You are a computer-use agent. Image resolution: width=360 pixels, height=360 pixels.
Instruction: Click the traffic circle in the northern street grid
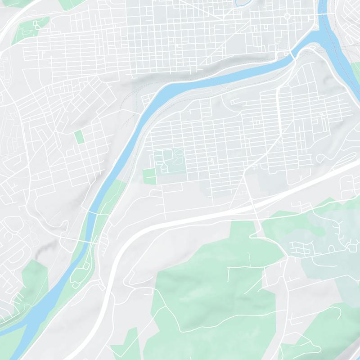pos(287,17)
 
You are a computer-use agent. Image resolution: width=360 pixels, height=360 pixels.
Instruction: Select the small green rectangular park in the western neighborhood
pos(79,137)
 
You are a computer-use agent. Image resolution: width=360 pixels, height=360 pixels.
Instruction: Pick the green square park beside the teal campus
pos(149,176)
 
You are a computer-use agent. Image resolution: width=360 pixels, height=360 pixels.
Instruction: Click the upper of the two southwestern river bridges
pos(92,211)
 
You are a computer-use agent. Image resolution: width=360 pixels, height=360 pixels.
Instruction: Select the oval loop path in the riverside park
pos(85,265)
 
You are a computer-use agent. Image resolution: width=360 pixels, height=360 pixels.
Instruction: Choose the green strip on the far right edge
pos(356,70)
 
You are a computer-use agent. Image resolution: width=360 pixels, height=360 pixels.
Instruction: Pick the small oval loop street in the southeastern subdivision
pos(332,248)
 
